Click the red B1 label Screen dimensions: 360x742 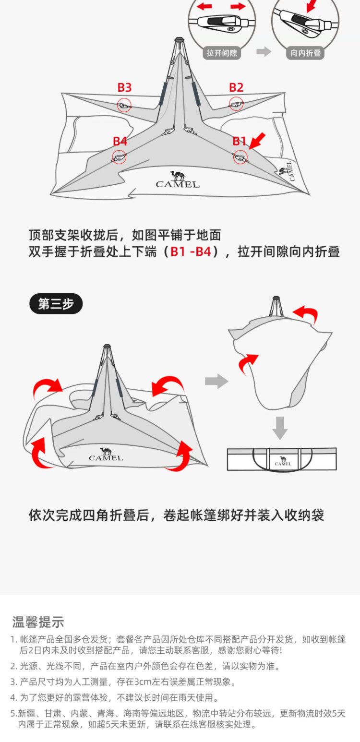tap(240, 141)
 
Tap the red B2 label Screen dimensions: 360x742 tap(236, 87)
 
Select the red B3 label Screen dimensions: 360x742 tap(124, 87)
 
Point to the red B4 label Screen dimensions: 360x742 tap(120, 141)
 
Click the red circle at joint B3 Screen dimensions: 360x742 tap(124, 105)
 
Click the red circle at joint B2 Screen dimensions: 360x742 tap(236, 103)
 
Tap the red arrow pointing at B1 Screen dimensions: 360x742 tap(257, 141)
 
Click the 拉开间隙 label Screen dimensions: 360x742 tap(222, 53)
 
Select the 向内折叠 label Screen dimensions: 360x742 tap(306, 53)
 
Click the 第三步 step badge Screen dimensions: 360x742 tap(56, 304)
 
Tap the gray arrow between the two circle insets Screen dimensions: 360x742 tap(264, 52)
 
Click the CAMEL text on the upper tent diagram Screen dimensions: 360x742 tap(178, 184)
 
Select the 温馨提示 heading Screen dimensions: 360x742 tap(38, 622)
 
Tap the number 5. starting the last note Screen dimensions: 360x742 tap(14, 714)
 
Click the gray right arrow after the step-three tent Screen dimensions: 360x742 tap(216, 382)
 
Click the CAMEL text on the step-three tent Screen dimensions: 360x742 tap(106, 457)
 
